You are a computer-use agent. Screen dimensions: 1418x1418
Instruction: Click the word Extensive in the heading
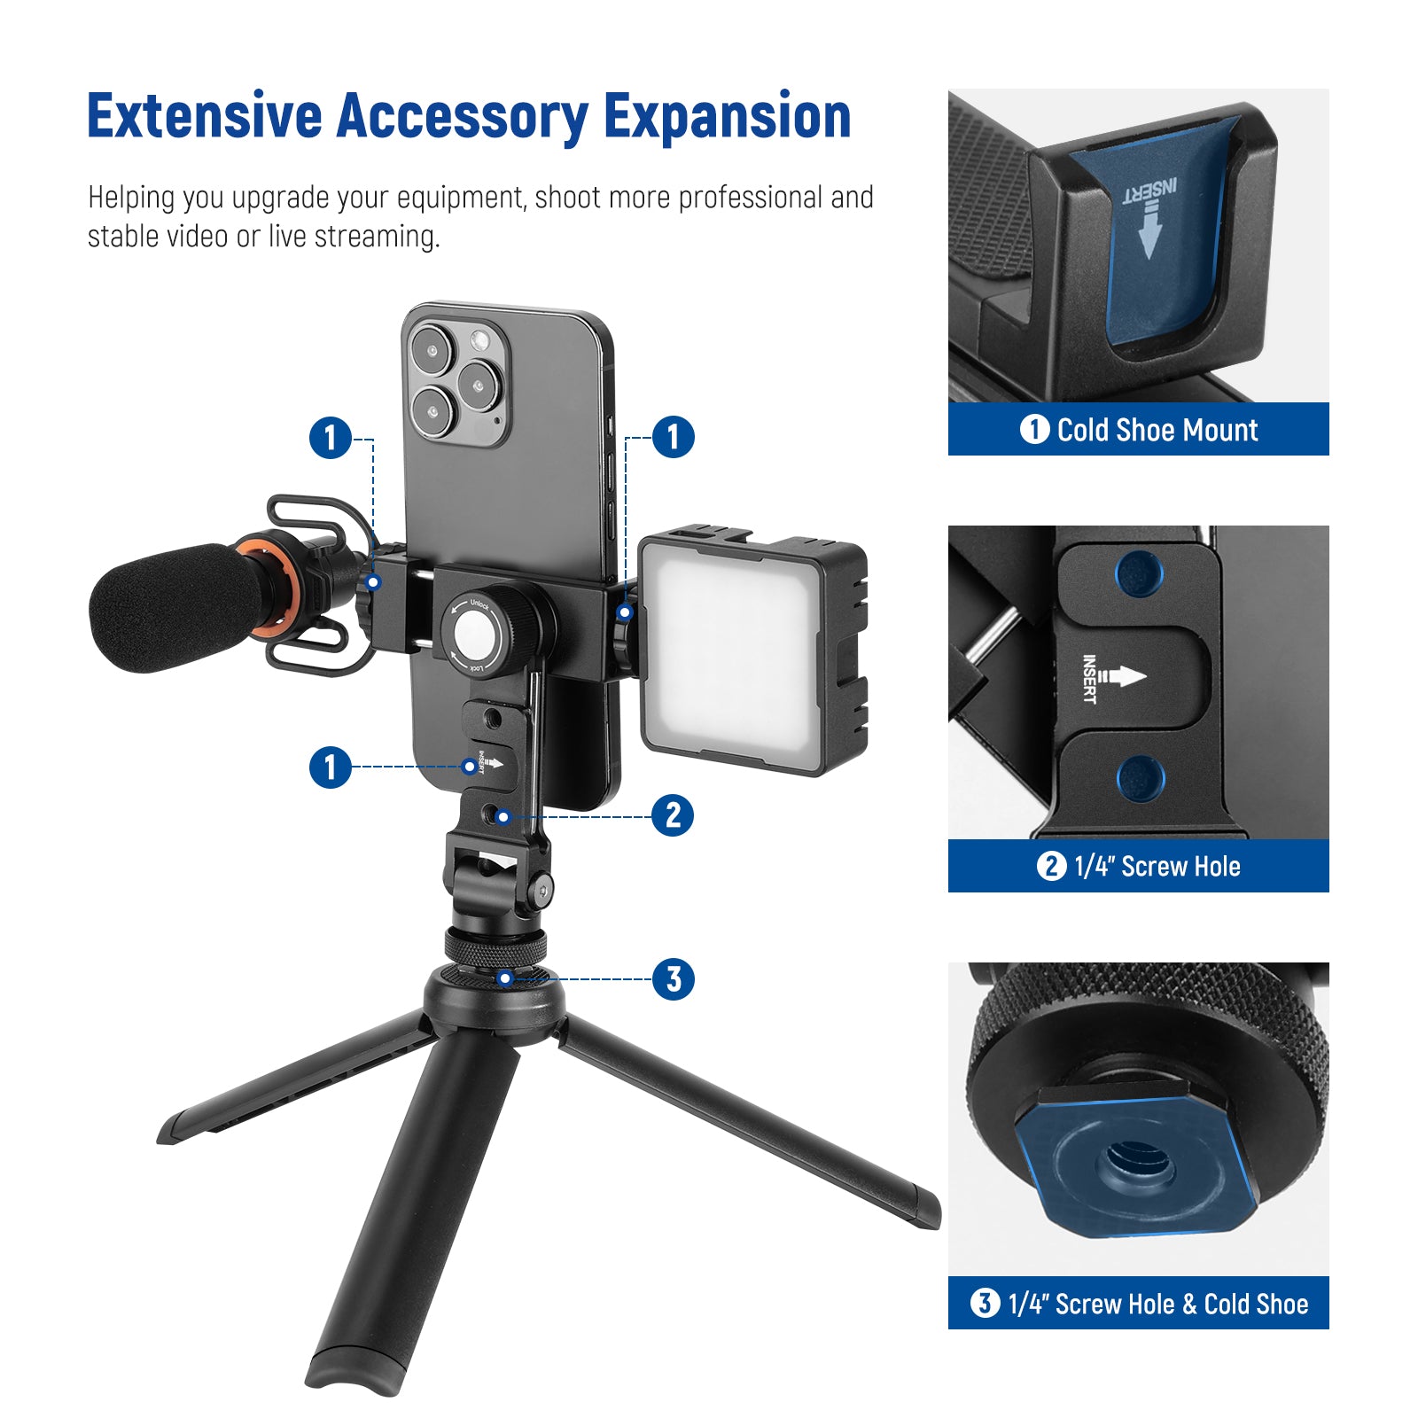pyautogui.click(x=205, y=116)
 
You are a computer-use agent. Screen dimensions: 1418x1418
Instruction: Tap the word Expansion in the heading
pyautogui.click(x=728, y=118)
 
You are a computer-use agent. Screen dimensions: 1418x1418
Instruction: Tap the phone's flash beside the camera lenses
pyautogui.click(x=479, y=339)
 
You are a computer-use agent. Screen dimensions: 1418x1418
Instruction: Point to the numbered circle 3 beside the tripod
pyautogui.click(x=674, y=979)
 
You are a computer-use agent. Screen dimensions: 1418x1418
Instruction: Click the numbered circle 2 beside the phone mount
pyautogui.click(x=673, y=815)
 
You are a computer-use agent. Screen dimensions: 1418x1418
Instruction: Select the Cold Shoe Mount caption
pyautogui.click(x=1139, y=430)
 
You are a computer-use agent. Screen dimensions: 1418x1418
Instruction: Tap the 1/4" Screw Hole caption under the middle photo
pyautogui.click(x=1139, y=866)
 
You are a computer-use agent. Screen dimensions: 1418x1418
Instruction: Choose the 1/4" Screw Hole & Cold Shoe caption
pyautogui.click(x=1140, y=1304)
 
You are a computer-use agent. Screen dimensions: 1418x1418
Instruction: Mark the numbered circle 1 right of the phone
pyautogui.click(x=673, y=437)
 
